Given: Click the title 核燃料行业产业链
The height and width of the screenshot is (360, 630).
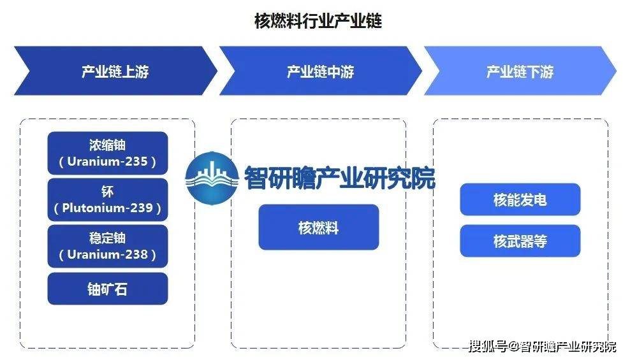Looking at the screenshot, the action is pos(318,21).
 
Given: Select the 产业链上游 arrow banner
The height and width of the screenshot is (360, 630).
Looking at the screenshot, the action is pos(115,71).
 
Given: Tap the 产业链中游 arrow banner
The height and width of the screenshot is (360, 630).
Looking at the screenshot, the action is pos(320,71).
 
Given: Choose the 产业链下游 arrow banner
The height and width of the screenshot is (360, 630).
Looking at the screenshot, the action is pos(520,71).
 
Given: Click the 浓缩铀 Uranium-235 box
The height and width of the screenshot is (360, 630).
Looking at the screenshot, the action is pos(108,153).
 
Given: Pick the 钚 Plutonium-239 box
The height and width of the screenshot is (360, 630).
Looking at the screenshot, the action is pos(108,199).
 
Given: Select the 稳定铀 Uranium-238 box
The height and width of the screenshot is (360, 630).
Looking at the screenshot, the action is pos(108,246).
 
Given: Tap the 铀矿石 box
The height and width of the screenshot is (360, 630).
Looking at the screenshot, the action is pos(108,289).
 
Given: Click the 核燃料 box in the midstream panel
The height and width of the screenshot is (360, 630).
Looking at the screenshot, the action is pos(319,227).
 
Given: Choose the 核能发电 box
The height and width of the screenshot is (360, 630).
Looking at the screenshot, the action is pos(520,199).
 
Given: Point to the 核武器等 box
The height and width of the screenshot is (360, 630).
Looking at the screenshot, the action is pos(520,241).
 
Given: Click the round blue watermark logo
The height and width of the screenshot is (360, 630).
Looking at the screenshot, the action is pos(212,178).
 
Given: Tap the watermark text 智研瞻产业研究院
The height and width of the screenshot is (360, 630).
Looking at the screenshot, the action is pos(340,178).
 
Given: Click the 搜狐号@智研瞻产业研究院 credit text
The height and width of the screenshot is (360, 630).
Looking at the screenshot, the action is pos(543,346).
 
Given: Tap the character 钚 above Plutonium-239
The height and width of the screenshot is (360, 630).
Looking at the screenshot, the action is pos(107,191).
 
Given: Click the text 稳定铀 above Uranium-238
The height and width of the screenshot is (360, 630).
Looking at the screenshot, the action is pos(107,238).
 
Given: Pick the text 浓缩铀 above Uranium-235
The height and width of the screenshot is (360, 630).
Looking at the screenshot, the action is pos(107,145).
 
